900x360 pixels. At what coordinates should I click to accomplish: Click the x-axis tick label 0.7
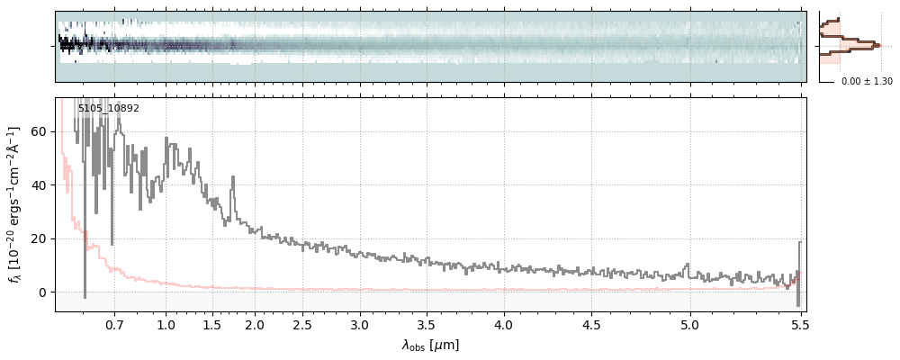click(114, 324)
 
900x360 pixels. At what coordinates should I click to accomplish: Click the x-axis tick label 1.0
click(166, 324)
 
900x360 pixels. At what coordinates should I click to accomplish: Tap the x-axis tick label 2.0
click(255, 324)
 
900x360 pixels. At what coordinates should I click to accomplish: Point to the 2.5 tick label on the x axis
click(303, 324)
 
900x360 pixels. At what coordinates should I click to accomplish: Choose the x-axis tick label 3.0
click(360, 324)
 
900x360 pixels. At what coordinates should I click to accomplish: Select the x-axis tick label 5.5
click(799, 324)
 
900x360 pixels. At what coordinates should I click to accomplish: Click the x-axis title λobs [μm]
click(430, 345)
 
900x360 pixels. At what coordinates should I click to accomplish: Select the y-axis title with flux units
click(14, 204)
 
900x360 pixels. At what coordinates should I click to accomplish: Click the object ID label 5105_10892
click(108, 109)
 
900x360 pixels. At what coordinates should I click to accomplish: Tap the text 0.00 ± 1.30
click(867, 82)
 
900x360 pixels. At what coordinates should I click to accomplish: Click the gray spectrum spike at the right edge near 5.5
click(799, 261)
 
